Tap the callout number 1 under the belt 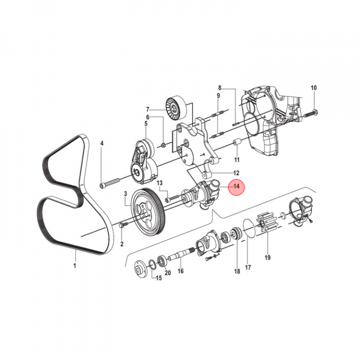coord(75,265)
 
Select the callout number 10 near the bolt coord(314,88)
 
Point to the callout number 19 coord(267,258)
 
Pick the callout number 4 coord(102,143)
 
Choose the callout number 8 coord(219,87)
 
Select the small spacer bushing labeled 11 coord(237,146)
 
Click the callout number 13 coord(160,183)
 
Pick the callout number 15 coord(158,278)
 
